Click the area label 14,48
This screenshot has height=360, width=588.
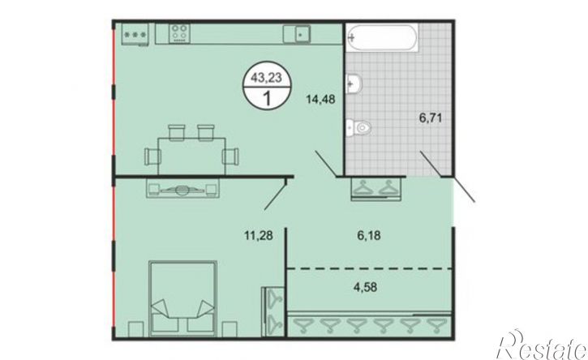point(320,100)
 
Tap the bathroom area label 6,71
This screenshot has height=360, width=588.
point(431,118)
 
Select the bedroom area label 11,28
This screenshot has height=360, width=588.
point(259,236)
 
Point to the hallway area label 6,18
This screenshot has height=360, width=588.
point(368,235)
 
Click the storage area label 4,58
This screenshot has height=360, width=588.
point(365,288)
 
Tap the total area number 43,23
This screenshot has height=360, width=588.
point(266,78)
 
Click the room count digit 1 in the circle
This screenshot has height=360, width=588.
point(268,99)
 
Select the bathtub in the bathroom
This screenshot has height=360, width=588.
point(381,37)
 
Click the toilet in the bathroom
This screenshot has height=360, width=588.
point(358,127)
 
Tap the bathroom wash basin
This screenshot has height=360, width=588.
point(354,84)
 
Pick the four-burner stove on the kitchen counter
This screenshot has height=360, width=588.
point(179,33)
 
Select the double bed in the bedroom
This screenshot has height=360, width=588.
point(183,298)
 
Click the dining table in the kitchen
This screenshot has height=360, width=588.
point(191,156)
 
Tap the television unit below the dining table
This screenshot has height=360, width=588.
point(182,187)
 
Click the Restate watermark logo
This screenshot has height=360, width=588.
point(541,346)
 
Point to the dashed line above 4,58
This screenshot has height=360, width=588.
point(369,268)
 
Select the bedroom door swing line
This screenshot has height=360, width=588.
point(275,195)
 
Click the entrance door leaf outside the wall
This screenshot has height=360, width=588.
point(464,191)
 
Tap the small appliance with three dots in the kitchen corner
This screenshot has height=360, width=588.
point(135,35)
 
